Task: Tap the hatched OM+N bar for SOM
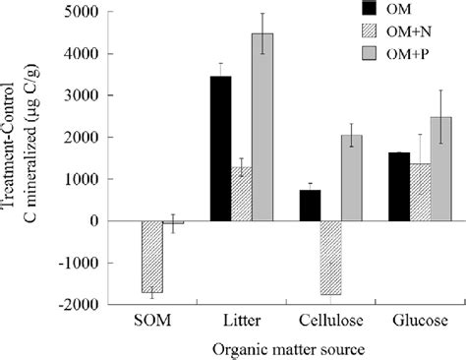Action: coord(152,257)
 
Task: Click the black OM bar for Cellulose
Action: coord(311,206)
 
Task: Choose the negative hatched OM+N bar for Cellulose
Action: coord(331,258)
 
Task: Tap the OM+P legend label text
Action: coord(414,52)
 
